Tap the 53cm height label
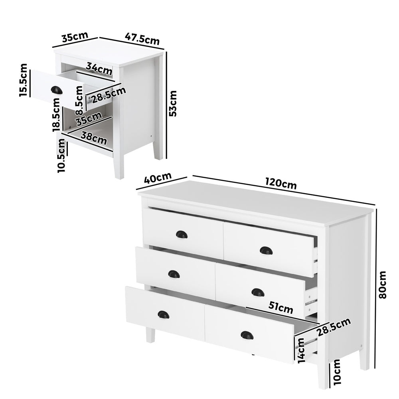coord(172,103)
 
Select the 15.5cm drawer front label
coord(24,80)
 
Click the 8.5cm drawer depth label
coord(80,103)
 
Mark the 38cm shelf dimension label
coord(94,138)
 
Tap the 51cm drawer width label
coord(280,308)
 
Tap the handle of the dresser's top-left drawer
coord(182,235)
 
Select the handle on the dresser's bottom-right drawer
coord(247,335)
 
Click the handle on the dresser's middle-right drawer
coord(258,292)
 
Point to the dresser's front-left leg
coord(150,334)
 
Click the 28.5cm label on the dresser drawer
coord(334,327)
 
